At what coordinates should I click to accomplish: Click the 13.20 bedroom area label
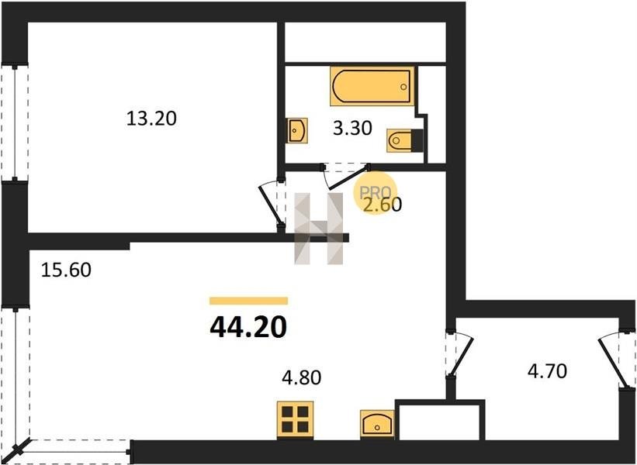pos(151,119)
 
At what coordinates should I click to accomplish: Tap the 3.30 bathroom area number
pos(352,129)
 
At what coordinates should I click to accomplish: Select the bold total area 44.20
pos(248,328)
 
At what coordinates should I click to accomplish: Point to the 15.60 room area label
pos(66,270)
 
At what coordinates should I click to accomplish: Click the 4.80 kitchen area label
pos(302,377)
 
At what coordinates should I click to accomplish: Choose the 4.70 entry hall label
pos(547,371)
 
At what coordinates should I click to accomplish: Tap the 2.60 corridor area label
pos(383,205)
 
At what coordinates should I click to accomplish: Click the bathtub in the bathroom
pos(372,86)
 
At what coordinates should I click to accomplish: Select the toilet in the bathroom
pos(405,140)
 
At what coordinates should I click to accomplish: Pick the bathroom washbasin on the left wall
pos(297,131)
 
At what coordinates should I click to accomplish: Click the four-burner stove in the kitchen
pos(296,420)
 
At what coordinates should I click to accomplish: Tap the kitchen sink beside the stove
pos(377,424)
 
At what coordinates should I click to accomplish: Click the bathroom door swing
pos(345,177)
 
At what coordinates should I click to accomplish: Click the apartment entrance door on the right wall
pos(614,359)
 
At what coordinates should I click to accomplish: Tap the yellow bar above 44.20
pos(248,301)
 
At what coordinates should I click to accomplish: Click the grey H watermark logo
pos(319,229)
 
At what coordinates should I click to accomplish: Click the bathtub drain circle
pos(403,87)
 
